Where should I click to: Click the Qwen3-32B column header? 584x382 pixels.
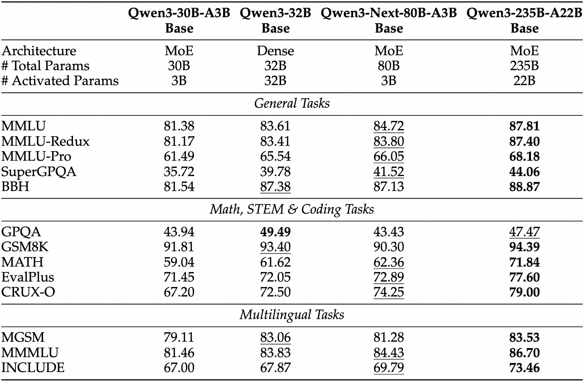click(x=275, y=21)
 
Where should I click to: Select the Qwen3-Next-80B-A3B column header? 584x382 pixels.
click(x=389, y=21)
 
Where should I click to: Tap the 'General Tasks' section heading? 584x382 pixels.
click(x=292, y=103)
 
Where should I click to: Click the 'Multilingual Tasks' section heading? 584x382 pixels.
click(x=292, y=315)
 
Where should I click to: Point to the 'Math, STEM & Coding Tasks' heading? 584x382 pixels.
click(x=292, y=209)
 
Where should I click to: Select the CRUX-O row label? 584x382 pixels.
click(x=29, y=292)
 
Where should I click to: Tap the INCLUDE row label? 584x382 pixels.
click(x=33, y=368)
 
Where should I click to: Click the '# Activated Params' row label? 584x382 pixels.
click(x=60, y=81)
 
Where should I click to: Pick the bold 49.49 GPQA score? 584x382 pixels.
click(x=275, y=232)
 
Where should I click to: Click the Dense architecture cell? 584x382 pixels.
click(x=275, y=51)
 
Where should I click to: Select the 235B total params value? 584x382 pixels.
click(x=524, y=66)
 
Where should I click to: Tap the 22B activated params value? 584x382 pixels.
click(x=524, y=81)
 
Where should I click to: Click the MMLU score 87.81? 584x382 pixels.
click(x=524, y=126)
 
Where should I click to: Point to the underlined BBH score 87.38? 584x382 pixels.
click(x=275, y=186)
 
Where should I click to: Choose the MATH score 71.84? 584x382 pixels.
click(x=524, y=262)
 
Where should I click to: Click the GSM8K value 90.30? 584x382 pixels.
click(x=389, y=247)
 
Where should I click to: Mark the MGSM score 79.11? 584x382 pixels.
click(x=179, y=337)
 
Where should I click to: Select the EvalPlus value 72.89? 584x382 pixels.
click(x=389, y=277)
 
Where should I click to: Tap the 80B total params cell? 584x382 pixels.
click(x=389, y=66)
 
